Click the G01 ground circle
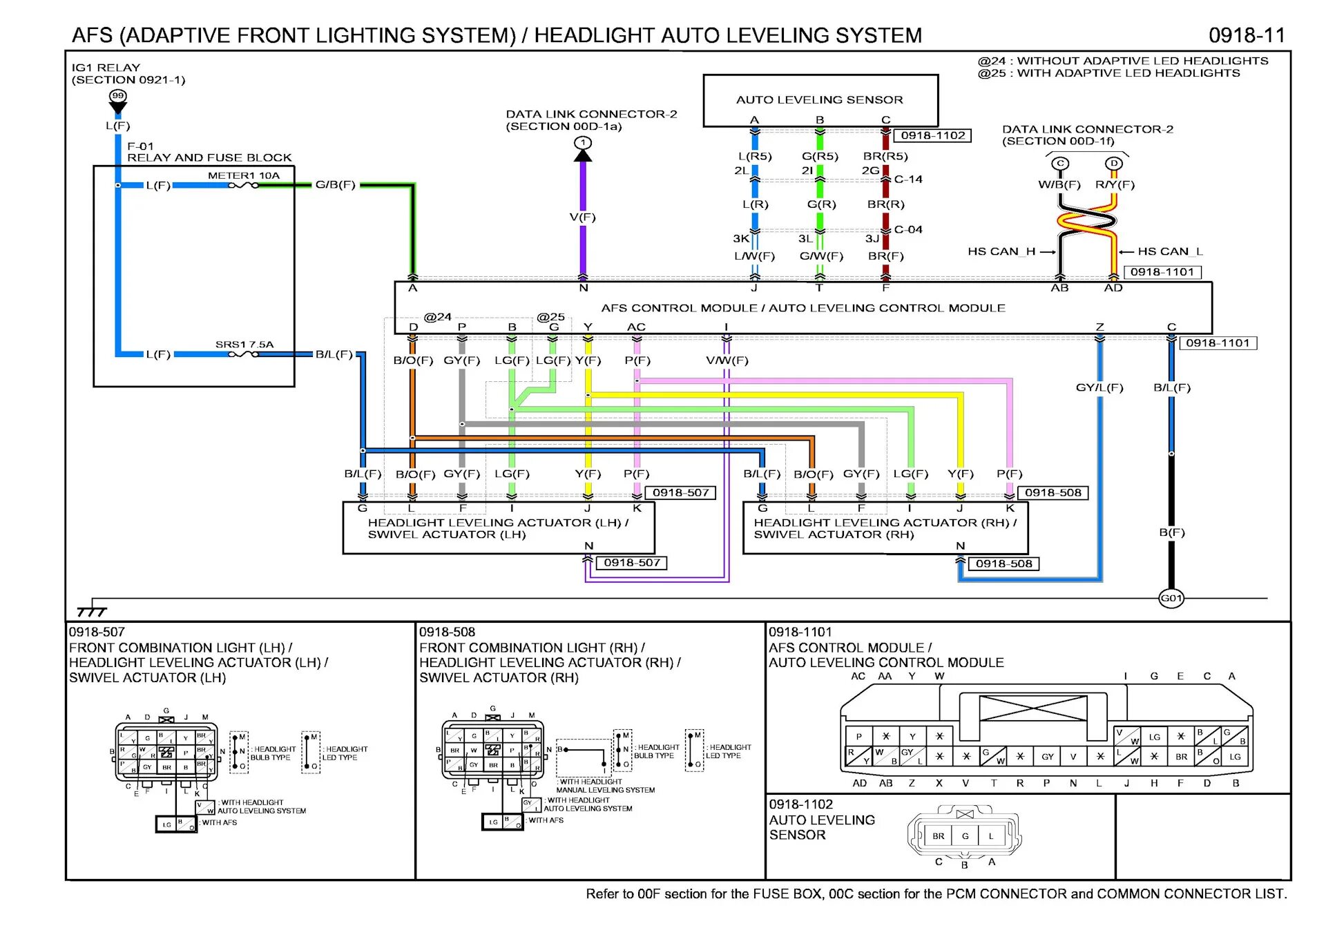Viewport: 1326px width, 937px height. click(x=1171, y=598)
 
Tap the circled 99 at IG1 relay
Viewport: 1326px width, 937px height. click(x=118, y=96)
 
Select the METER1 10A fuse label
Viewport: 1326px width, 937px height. click(x=244, y=175)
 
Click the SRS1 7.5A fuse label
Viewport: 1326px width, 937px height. click(x=244, y=344)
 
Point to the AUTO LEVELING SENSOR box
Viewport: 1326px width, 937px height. click(x=820, y=100)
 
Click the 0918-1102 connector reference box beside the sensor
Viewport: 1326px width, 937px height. click(x=932, y=135)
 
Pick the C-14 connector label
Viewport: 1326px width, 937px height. click(x=908, y=180)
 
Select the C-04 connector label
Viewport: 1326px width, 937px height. click(x=908, y=229)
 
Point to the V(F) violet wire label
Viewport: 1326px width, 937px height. click(x=583, y=217)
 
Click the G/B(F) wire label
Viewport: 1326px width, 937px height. click(x=336, y=184)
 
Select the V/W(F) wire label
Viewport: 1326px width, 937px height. click(x=727, y=360)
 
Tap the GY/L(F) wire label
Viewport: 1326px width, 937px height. click(x=1099, y=387)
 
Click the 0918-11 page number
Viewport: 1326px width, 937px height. click(x=1247, y=35)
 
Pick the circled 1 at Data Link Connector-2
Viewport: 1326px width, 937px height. click(x=583, y=143)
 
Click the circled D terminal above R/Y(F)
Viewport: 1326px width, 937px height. click(x=1113, y=164)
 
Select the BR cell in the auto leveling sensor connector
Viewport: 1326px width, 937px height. click(x=938, y=836)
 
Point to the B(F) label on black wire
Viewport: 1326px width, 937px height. click(x=1172, y=532)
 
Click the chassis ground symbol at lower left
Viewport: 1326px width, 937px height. click(x=92, y=610)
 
